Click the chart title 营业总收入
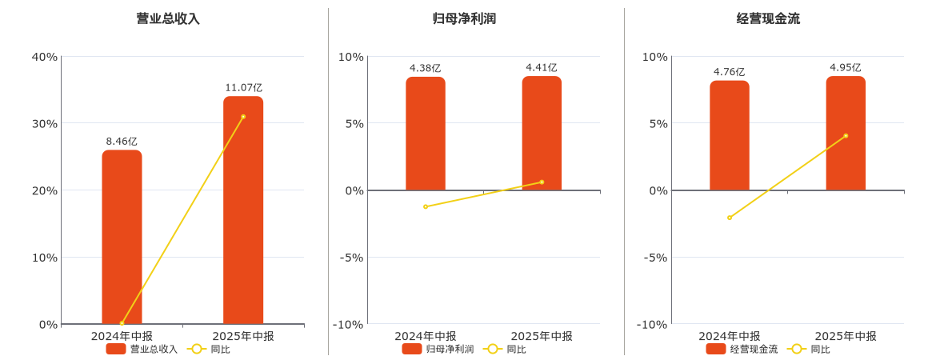(168, 18)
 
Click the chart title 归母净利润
(464, 18)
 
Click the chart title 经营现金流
(768, 18)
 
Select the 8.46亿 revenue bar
(122, 237)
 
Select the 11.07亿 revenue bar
(243, 210)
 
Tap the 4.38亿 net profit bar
(426, 134)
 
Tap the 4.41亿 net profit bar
(542, 134)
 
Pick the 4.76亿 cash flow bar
(730, 136)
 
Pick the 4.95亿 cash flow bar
(846, 134)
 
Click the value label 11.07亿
(243, 87)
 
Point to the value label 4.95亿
(846, 67)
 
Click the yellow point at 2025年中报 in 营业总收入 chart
(243, 117)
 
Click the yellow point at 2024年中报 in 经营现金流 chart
(730, 218)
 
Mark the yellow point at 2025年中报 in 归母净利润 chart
(542, 182)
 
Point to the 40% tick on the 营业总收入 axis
(44, 57)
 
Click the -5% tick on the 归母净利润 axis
(351, 258)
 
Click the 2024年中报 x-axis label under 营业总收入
(122, 336)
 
